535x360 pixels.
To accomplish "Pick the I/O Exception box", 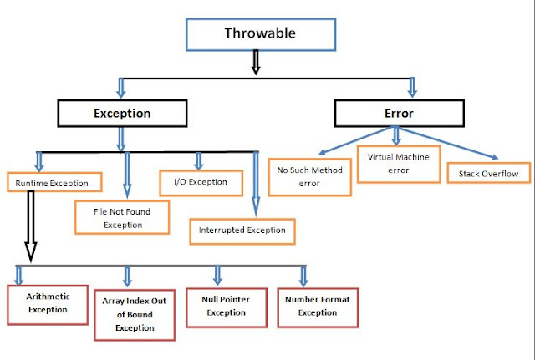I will click(201, 181).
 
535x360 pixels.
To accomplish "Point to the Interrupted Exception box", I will click(242, 230).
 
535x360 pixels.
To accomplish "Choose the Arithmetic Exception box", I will click(48, 303).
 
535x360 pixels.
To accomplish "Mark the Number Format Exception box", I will click(311, 306).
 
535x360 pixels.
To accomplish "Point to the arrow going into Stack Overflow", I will click(456, 145).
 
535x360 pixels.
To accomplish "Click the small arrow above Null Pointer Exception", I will click(217, 275).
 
